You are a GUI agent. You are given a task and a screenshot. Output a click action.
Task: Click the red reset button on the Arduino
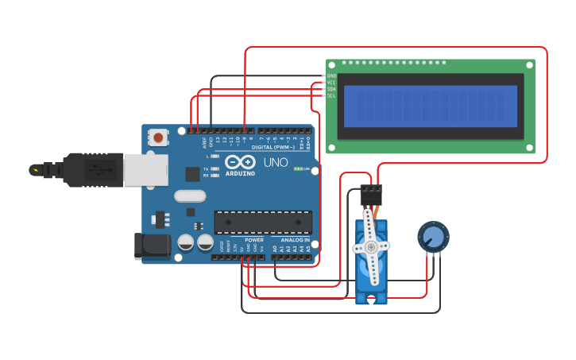click(158, 137)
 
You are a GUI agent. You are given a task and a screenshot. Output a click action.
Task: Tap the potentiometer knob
click(433, 237)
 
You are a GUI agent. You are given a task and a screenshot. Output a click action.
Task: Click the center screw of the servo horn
click(371, 247)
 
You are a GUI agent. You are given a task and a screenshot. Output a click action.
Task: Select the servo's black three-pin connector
click(370, 194)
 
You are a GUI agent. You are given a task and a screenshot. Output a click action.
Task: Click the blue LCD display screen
click(430, 106)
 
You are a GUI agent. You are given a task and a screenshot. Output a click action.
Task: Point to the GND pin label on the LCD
click(331, 75)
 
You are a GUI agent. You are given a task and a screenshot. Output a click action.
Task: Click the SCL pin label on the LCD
click(331, 95)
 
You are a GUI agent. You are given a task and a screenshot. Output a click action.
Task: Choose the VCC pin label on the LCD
click(331, 82)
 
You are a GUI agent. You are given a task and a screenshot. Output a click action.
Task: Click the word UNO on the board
click(276, 162)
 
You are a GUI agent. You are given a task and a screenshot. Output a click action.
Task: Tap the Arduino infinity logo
click(239, 161)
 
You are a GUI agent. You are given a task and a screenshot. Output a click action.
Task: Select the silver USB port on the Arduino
click(145, 169)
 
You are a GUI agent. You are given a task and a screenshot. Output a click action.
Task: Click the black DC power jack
click(153, 246)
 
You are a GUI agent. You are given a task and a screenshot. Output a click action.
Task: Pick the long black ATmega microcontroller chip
click(262, 223)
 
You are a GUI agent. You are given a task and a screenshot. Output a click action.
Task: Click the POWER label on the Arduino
click(254, 239)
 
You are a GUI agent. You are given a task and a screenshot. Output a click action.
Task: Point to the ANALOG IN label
click(295, 239)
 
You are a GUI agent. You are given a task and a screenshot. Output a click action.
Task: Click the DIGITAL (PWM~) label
click(273, 147)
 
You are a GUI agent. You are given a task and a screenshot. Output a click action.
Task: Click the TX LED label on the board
click(206, 168)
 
